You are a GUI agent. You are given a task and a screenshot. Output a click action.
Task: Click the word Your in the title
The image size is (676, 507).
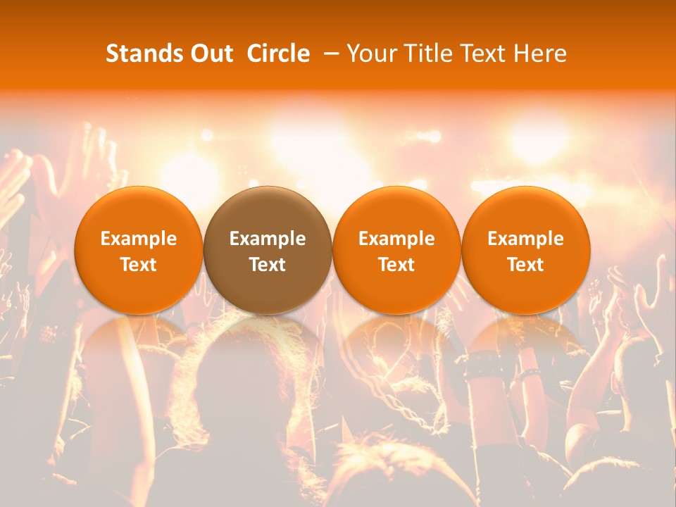[372, 54]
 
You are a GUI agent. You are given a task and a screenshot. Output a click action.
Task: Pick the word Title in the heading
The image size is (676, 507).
[426, 54]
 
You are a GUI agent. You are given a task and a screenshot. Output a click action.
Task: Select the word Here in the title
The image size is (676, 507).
[539, 54]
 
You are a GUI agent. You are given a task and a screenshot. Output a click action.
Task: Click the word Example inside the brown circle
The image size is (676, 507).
[268, 239]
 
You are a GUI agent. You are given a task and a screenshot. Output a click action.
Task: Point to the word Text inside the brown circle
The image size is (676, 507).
[268, 265]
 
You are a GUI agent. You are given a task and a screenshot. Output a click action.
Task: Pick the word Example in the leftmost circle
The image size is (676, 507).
[139, 239]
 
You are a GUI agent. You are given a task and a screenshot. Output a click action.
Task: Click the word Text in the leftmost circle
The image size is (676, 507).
[139, 265]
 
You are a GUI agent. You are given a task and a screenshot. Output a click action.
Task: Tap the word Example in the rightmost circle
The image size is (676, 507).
[526, 239]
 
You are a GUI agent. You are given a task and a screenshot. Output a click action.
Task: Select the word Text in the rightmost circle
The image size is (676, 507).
[526, 265]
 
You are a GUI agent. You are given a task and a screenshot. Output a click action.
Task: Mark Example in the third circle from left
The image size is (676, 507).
[396, 239]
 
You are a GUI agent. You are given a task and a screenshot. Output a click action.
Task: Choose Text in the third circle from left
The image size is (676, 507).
[396, 265]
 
